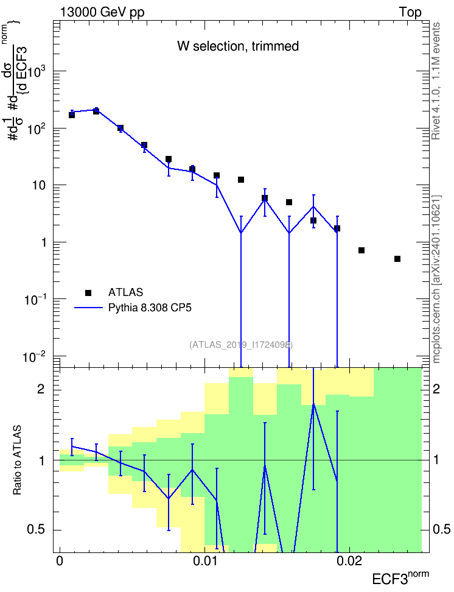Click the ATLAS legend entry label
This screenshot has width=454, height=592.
click(x=125, y=292)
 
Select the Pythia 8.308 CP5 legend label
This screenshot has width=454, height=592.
click(x=150, y=308)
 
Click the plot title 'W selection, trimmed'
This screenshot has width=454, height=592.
click(x=238, y=46)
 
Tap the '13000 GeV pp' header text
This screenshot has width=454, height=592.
click(x=102, y=12)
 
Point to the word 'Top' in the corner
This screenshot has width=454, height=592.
click(x=410, y=12)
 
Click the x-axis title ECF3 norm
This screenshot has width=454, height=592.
click(x=400, y=577)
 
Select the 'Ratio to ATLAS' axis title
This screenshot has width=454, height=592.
click(x=17, y=460)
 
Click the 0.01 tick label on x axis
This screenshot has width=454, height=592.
click(x=204, y=561)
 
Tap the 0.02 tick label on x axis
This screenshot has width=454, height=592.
click(x=349, y=561)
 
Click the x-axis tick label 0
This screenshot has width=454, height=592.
click(x=59, y=561)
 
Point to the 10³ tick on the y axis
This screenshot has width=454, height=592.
click(x=37, y=71)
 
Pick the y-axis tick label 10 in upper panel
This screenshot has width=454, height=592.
click(x=39, y=185)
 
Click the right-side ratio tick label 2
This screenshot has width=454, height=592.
click(x=436, y=389)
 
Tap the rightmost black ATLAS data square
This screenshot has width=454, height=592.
click(x=397, y=259)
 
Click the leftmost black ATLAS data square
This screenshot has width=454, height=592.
click(x=72, y=115)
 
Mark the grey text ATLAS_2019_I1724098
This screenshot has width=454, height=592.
click(x=241, y=344)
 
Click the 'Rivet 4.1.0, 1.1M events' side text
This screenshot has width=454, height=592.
click(x=436, y=81)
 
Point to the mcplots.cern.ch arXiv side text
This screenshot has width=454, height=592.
click(x=436, y=279)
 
